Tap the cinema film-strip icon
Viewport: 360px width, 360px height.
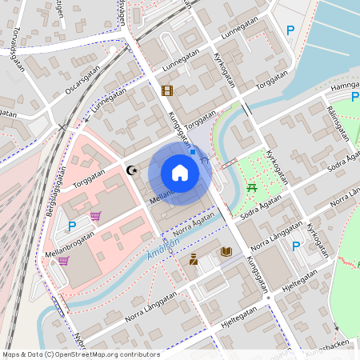[x=166, y=90]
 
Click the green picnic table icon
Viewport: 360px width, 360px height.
[x=252, y=187]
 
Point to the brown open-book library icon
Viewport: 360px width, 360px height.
[x=226, y=252]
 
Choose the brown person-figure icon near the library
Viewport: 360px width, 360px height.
[x=194, y=258]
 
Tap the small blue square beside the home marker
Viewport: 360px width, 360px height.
[x=193, y=150]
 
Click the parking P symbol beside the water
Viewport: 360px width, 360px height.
[x=290, y=30]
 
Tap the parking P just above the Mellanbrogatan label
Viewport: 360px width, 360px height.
[x=71, y=226]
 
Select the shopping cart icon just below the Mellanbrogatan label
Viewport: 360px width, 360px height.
[x=62, y=260]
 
